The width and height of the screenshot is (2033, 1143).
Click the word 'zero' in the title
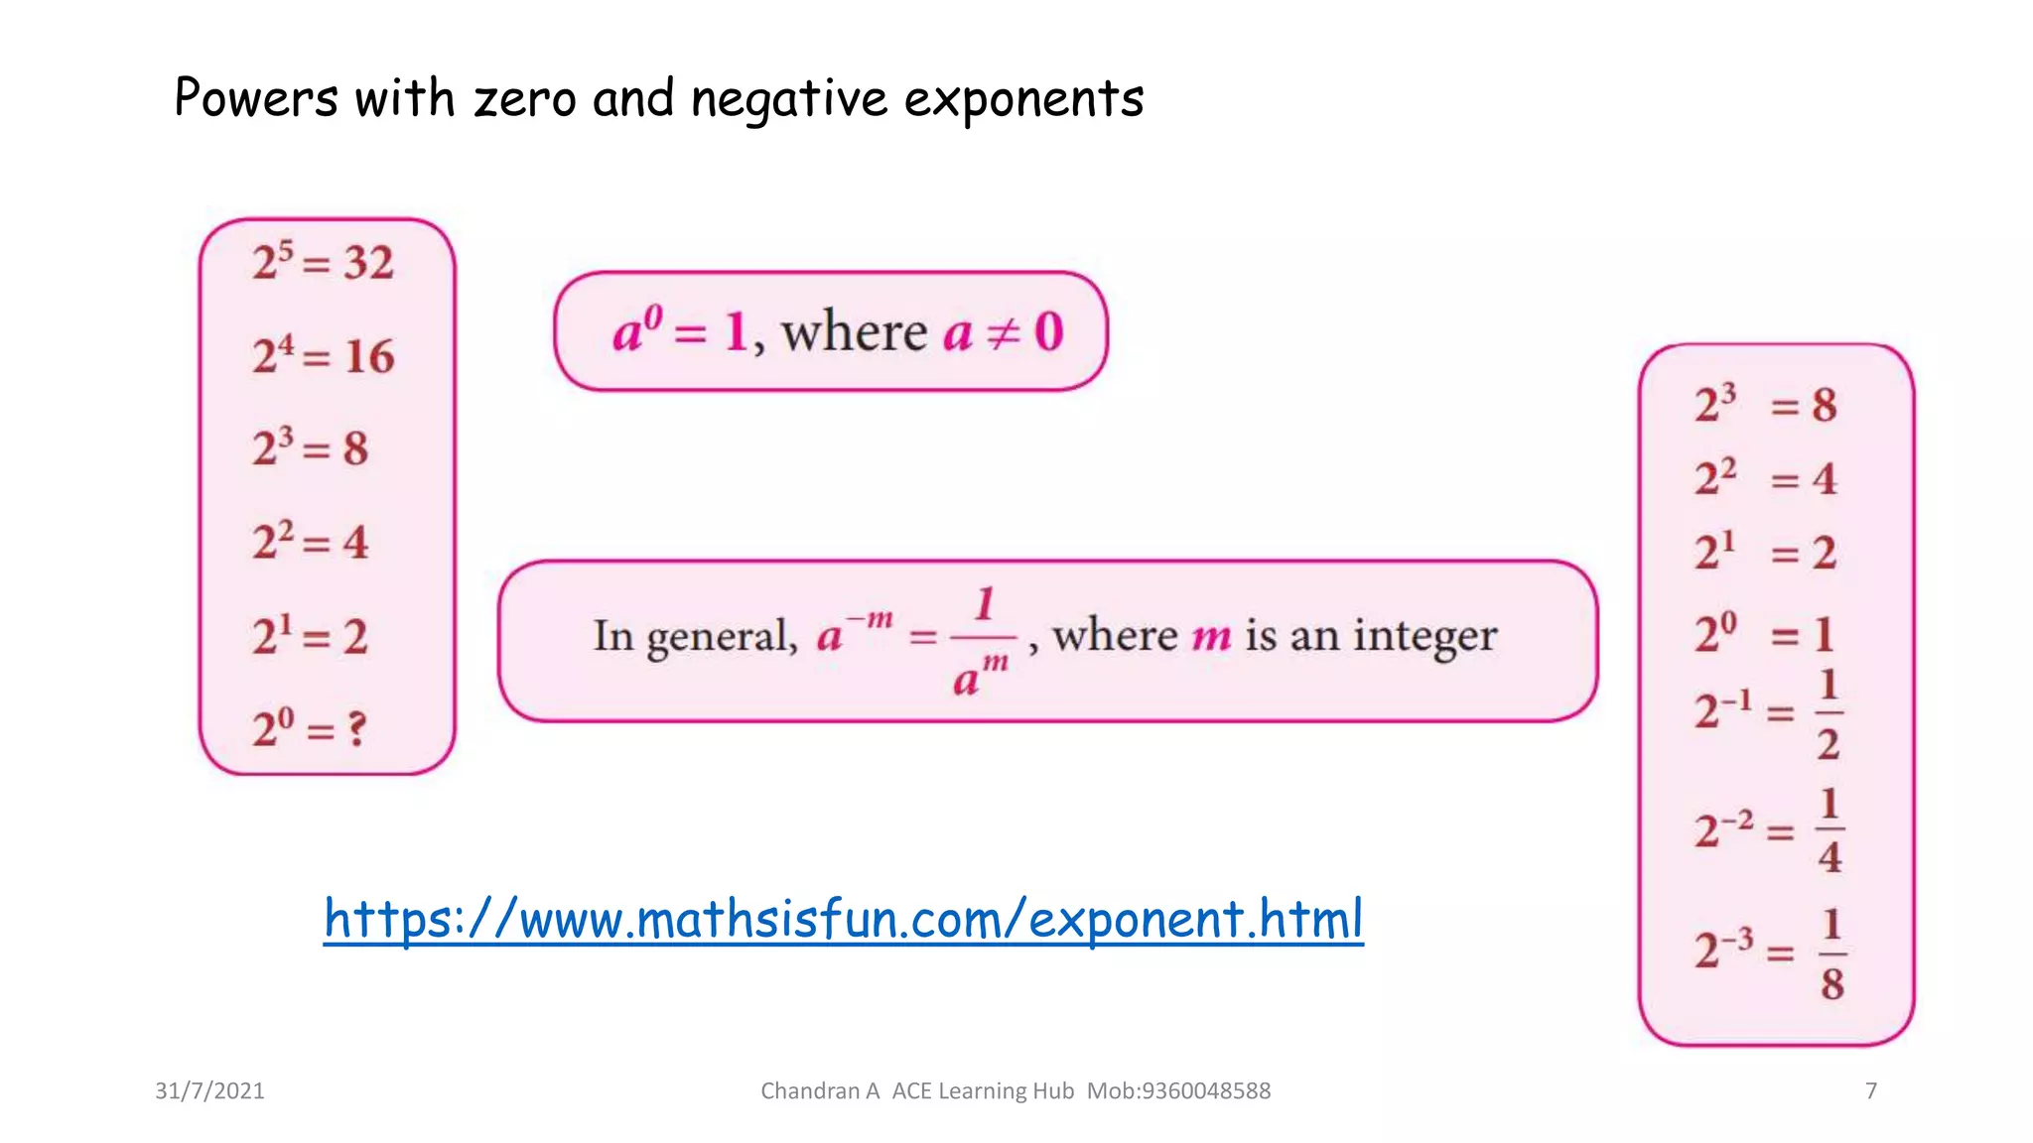[523, 100]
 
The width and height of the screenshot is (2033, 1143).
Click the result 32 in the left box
[368, 263]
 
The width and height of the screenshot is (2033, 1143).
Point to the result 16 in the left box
[369, 356]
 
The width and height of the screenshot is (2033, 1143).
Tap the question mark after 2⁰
[356, 729]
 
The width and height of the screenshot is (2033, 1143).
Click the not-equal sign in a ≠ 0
[1004, 332]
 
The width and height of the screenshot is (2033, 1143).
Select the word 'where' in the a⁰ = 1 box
[854, 331]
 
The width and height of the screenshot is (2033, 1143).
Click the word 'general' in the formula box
[722, 637]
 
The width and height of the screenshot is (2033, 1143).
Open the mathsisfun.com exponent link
[844, 919]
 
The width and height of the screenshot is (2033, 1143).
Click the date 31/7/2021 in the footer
[209, 1091]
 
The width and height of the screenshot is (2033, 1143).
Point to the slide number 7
[1871, 1091]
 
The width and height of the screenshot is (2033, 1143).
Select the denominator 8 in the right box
[1831, 983]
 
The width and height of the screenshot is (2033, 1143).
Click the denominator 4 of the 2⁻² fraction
[1830, 857]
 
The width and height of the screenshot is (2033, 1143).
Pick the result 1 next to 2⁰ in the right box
[1824, 635]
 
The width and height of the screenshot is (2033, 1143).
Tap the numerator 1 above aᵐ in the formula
[984, 604]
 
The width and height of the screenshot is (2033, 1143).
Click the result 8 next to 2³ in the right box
[1824, 405]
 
